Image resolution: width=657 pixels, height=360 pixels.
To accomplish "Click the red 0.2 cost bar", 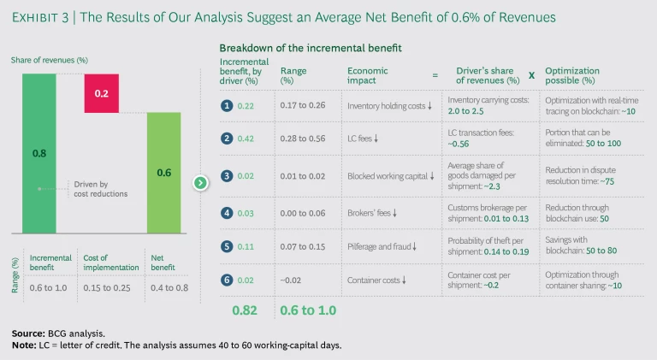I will [101, 92].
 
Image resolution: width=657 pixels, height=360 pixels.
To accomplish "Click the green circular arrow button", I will [200, 182].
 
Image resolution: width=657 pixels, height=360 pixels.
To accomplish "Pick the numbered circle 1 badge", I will [227, 106].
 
